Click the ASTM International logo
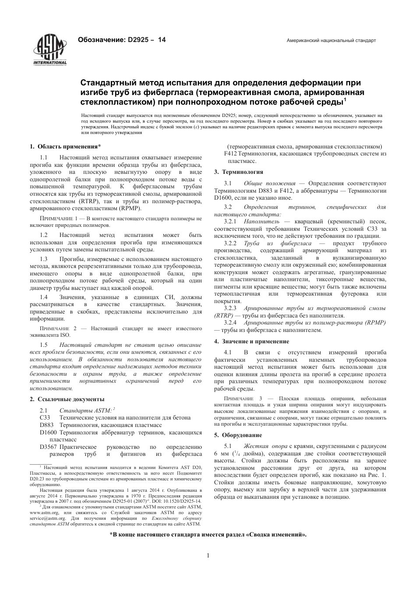pos(49,49)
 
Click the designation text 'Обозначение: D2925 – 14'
pos(121,40)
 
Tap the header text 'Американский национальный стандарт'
pos(331,40)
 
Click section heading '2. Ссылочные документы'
pos(67,399)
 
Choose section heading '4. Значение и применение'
pos(251,341)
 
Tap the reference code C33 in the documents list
pos(45,417)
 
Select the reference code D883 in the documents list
pos(46,425)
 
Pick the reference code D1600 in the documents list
pos(48,432)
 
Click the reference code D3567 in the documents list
pos(48,447)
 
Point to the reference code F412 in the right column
pos(230,154)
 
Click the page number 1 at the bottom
pos(208,556)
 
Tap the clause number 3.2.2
pos(230,243)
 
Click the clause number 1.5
pos(44,345)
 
